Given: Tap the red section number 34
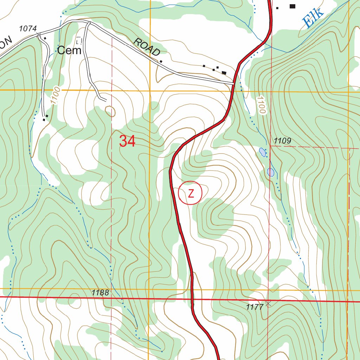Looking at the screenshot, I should [127, 141].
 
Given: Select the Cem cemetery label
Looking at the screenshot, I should [69, 51].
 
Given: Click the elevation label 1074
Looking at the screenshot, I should [28, 29].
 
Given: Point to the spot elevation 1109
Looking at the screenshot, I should [283, 141].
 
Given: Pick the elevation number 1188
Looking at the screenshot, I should [100, 292].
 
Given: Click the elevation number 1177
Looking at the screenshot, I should [255, 307].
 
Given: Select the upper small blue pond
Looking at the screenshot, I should [262, 152].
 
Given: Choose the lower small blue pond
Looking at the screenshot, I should [270, 172].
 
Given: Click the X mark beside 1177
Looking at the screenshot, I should [269, 303].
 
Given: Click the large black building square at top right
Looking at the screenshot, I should [292, 6].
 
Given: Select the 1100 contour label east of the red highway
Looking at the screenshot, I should [261, 105].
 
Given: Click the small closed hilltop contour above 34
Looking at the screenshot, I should [110, 111].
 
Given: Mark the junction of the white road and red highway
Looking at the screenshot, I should [233, 83].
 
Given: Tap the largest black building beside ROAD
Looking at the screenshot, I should [224, 72].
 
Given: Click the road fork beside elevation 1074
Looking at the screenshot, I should [40, 34].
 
